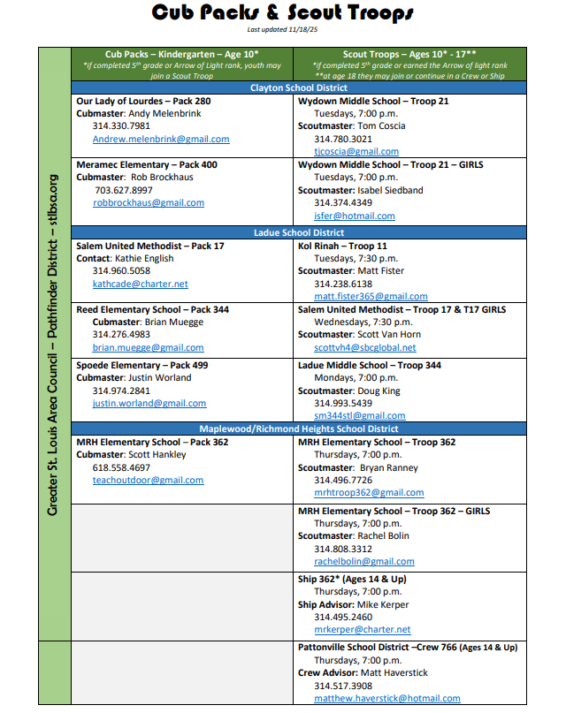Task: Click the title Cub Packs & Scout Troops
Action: [x=282, y=13]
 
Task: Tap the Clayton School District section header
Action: [x=298, y=88]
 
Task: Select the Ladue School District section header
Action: [x=298, y=232]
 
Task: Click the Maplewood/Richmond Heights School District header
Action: [x=298, y=429]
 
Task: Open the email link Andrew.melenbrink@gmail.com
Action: [x=161, y=139]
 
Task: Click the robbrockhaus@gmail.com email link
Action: [x=149, y=202]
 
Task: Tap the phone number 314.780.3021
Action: [x=343, y=139]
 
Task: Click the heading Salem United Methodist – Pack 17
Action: [x=150, y=246]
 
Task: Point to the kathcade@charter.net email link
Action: [x=141, y=284]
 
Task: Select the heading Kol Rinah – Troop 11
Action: [x=343, y=246]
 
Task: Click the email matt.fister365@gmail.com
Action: [x=371, y=297]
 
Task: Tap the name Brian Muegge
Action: [x=174, y=322]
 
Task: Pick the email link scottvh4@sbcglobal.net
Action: [x=364, y=348]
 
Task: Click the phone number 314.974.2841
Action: [x=121, y=391]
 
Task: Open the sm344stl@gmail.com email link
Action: [x=360, y=415]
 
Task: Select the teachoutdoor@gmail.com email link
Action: [x=149, y=480]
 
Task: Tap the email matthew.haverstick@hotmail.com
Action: [x=387, y=698]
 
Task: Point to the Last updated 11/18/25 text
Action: [x=282, y=30]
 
